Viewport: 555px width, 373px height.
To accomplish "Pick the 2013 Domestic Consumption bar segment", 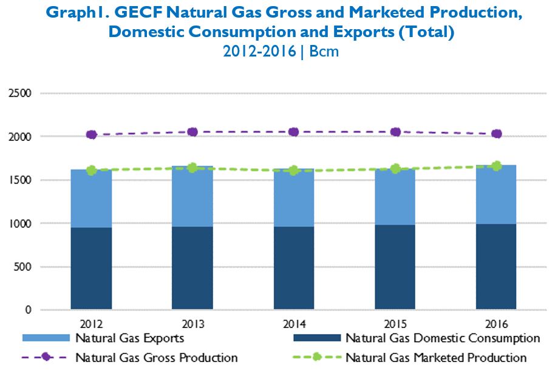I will (x=192, y=268).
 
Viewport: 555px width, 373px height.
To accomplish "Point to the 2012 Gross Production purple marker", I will (x=92, y=135).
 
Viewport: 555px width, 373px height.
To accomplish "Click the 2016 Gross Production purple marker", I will (x=496, y=134).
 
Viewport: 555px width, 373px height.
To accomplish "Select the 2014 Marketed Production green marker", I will (x=294, y=170).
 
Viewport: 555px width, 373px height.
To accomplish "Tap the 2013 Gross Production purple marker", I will (x=192, y=132).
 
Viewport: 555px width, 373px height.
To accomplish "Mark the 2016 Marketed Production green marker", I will (x=496, y=166).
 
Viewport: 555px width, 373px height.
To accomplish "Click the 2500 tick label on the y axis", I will (x=19, y=94).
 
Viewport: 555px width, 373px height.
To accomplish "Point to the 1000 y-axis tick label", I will (x=19, y=224).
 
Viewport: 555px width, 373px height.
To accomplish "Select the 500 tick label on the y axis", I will (x=22, y=267).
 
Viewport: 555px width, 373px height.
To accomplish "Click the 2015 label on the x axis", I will (x=395, y=322).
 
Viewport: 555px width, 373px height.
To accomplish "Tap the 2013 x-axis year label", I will (x=192, y=322).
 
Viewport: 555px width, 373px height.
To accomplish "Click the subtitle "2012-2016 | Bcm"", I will (x=281, y=52).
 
